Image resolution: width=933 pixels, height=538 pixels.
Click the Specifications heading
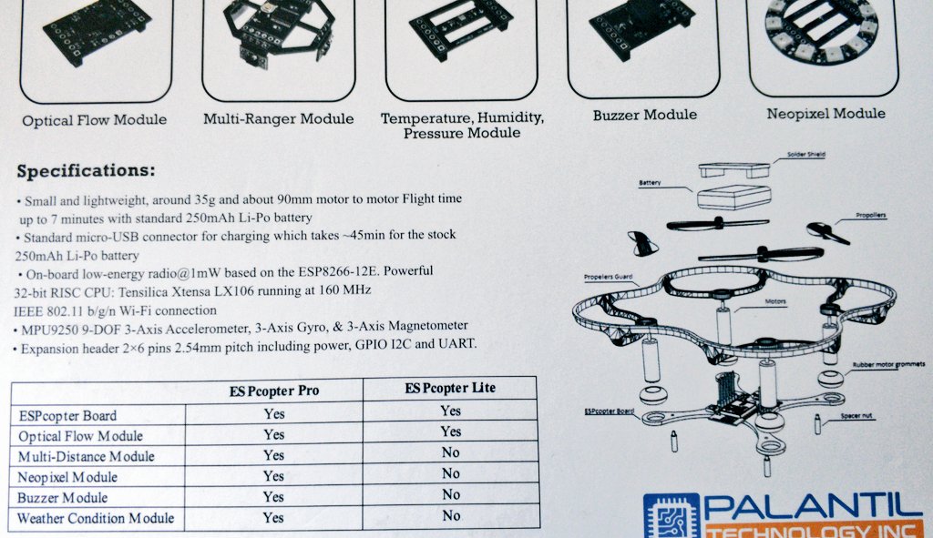tap(87, 171)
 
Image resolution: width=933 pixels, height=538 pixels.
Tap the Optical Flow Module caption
tap(94, 120)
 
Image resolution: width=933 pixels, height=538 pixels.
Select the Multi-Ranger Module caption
tap(279, 119)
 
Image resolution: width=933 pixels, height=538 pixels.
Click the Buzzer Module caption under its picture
tap(645, 115)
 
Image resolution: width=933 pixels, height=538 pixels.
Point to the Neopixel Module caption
tap(825, 114)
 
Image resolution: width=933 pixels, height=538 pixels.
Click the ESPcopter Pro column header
tap(274, 391)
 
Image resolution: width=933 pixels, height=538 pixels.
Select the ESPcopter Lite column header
tap(450, 388)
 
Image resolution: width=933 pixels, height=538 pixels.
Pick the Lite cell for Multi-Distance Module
tap(450, 452)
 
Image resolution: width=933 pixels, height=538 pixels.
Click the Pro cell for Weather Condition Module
tap(273, 518)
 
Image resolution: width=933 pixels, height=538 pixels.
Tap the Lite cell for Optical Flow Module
tap(450, 431)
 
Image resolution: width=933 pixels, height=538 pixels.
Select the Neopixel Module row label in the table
tap(67, 477)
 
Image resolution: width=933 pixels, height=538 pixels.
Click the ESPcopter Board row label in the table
tap(67, 415)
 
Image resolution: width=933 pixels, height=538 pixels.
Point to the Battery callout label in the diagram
tap(650, 182)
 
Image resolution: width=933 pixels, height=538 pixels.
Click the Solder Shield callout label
tap(806, 155)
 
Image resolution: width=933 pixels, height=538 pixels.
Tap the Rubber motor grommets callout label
tap(889, 364)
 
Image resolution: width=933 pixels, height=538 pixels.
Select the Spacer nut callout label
tap(856, 415)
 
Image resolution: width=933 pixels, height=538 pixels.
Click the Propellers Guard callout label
tap(608, 277)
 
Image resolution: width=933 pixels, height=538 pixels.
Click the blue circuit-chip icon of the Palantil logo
tap(672, 516)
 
